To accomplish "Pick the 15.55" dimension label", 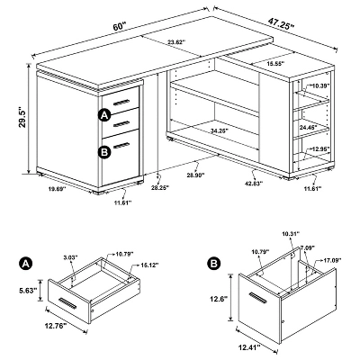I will pyautogui.click(x=275, y=65).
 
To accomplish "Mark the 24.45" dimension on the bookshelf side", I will pyautogui.click(x=307, y=128).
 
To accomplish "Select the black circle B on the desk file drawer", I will pyautogui.click(x=105, y=151).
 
